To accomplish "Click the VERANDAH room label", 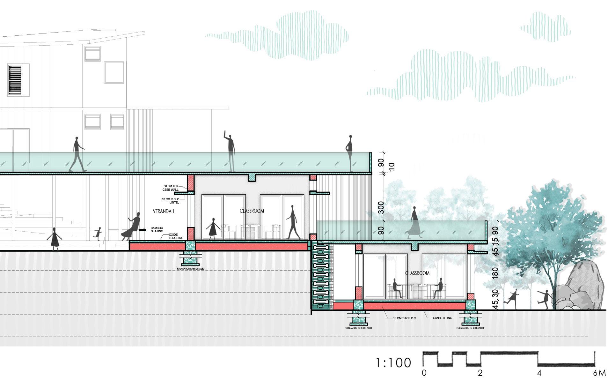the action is [x=164, y=211].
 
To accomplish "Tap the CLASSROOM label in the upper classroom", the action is [x=252, y=211].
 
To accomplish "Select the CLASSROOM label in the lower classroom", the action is [x=417, y=273].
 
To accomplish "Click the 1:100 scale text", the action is [x=393, y=363].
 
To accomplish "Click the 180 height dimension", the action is [x=495, y=274].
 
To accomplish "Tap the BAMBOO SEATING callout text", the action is [x=157, y=229].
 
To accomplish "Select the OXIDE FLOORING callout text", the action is [x=176, y=236].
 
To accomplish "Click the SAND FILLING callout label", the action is [x=443, y=318].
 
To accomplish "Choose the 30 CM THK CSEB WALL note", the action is [x=172, y=188].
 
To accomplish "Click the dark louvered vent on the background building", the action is [x=15, y=80].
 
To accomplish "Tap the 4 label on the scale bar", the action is [x=539, y=373].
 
